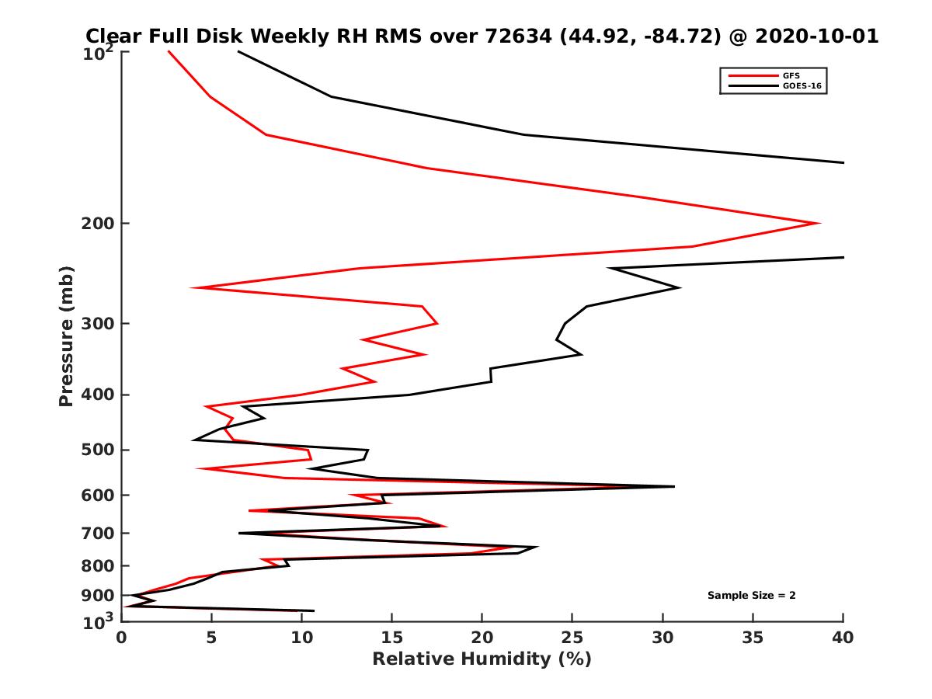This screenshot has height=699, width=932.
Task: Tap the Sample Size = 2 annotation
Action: pos(751,595)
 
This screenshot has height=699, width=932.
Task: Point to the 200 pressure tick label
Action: pos(98,224)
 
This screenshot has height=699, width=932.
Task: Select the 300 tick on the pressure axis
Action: pos(98,324)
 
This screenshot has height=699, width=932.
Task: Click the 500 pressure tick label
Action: pos(98,450)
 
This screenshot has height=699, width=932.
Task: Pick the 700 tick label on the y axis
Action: pos(98,534)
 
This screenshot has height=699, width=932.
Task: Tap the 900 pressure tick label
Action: pos(98,596)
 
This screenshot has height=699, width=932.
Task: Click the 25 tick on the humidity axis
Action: pos(572,638)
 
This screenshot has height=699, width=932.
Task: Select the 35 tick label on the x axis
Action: pos(753,638)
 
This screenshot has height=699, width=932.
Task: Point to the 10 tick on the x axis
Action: pos(301,638)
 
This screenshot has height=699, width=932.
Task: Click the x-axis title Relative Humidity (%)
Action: pos(482,659)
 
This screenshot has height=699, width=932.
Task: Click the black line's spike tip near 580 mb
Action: pos(674,486)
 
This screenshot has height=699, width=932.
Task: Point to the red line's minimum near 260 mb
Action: pos(192,288)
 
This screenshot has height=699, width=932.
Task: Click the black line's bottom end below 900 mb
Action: pos(314,610)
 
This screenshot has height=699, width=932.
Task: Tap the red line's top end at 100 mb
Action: pos(169,51)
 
